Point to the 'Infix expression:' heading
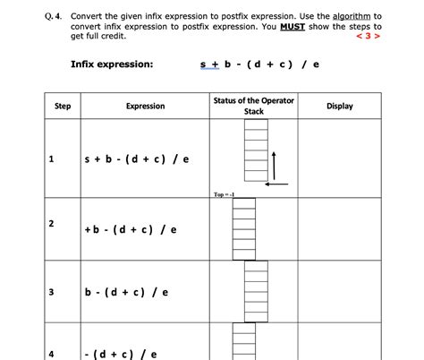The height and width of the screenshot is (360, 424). pos(112,64)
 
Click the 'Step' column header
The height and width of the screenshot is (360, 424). pos(63,107)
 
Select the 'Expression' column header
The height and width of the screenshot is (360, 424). pos(145,107)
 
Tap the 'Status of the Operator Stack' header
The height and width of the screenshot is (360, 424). pos(254,106)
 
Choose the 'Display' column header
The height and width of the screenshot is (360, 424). pos(340,107)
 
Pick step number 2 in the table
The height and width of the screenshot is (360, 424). pos(52,222)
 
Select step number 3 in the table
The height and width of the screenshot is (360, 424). pos(52,291)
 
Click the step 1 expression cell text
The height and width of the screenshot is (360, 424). pos(135,159)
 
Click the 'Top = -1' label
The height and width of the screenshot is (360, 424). pos(224,193)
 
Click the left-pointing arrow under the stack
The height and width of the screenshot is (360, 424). pos(277,183)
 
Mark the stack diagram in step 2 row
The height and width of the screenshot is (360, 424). pos(244,228)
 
